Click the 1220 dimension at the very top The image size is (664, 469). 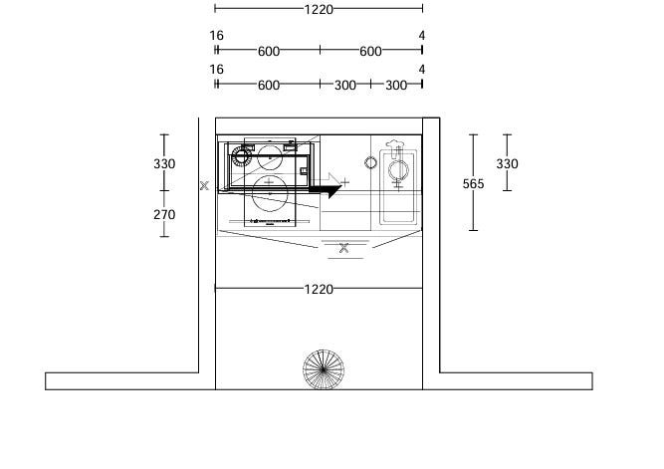coord(319,9)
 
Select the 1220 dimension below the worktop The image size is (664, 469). coord(319,290)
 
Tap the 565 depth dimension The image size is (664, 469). coord(473,184)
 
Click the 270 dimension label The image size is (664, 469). coord(164,215)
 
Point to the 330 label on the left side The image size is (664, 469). coord(164,164)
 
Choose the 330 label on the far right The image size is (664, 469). coord(507,164)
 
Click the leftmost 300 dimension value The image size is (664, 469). coord(345,86)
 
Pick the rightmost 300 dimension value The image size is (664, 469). coord(396,86)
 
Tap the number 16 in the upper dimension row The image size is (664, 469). coord(216,36)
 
